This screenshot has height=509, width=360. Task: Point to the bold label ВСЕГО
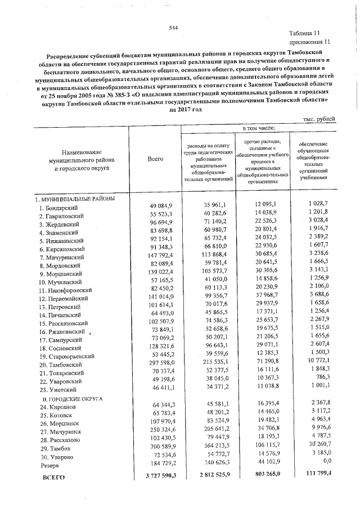pos(55,477)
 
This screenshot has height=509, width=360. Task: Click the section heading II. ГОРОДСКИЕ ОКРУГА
pos(69,398)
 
